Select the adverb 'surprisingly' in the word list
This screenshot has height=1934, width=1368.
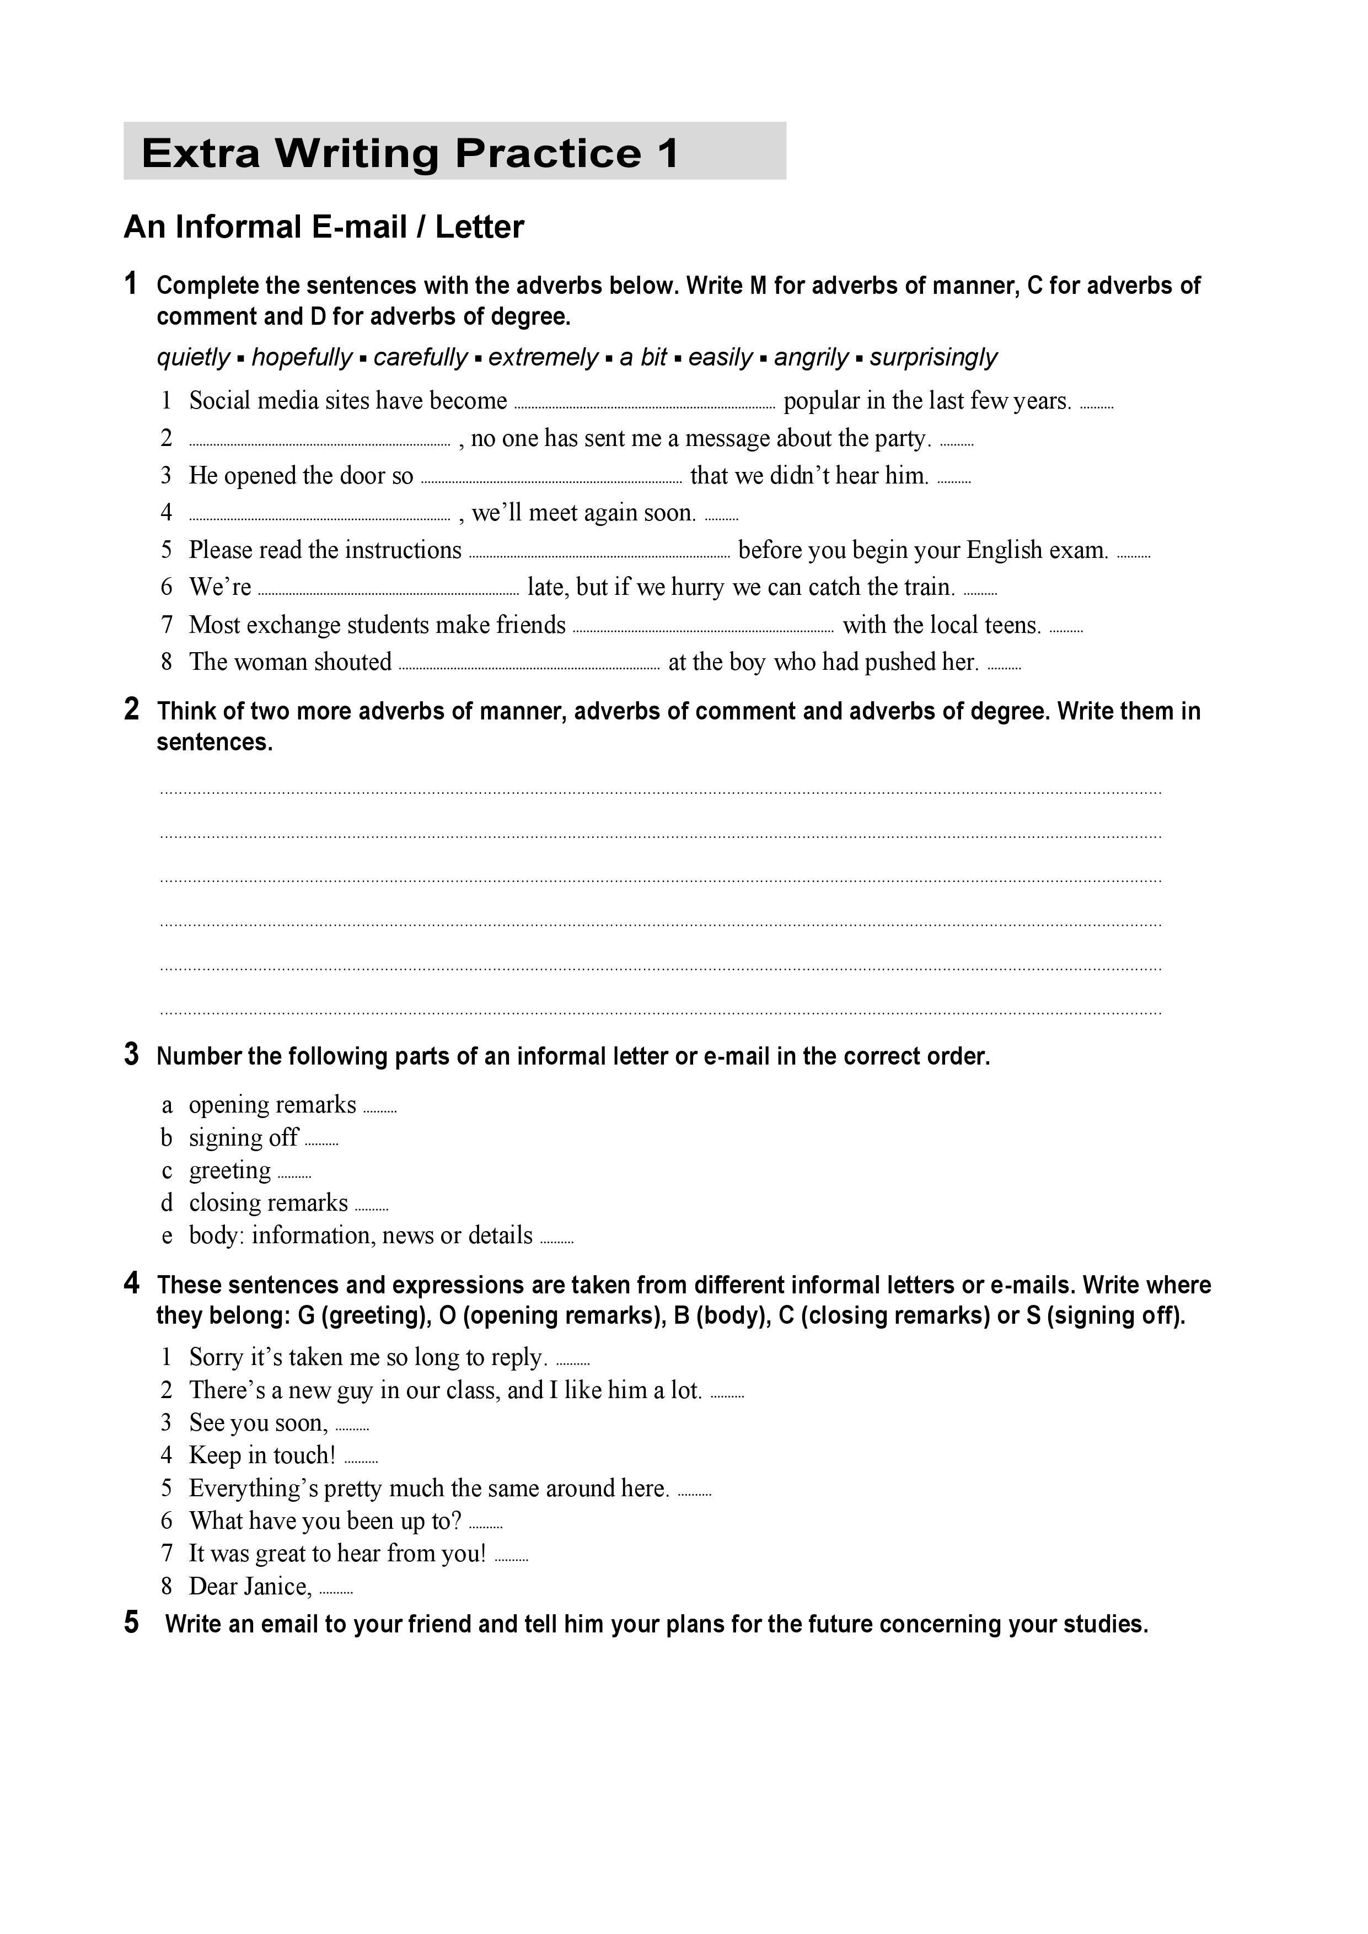(934, 357)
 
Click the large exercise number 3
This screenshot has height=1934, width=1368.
(131, 1055)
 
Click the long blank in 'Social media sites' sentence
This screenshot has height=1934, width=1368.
(645, 406)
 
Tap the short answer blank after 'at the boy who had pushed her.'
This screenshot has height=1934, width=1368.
(1004, 667)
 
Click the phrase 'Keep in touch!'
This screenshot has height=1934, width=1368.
(262, 1455)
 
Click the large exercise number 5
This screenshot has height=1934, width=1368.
(131, 1623)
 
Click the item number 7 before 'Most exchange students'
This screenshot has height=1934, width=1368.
(167, 625)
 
